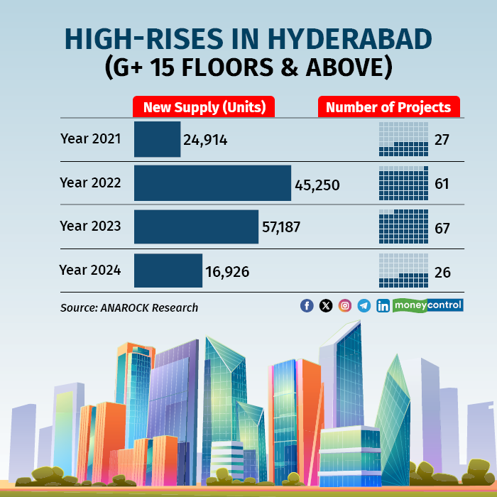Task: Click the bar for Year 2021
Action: pyautogui.click(x=157, y=139)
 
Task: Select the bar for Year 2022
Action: pyautogui.click(x=212, y=183)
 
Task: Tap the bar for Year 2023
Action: pyautogui.click(x=196, y=227)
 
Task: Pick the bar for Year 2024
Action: pyautogui.click(x=168, y=271)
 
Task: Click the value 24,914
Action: pyautogui.click(x=205, y=140)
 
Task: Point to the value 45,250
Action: pyautogui.click(x=317, y=185)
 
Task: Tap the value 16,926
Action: pyautogui.click(x=227, y=271)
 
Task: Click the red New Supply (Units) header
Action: pyautogui.click(x=204, y=107)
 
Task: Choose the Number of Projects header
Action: pyautogui.click(x=388, y=107)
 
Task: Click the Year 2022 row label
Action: pyautogui.click(x=90, y=182)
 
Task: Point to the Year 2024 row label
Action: pyautogui.click(x=90, y=270)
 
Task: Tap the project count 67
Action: pyautogui.click(x=442, y=228)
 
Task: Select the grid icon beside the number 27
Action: pyautogui.click(x=403, y=139)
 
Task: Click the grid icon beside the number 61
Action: pyautogui.click(x=403, y=183)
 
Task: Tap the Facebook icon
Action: pyautogui.click(x=307, y=305)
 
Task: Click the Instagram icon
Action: pyautogui.click(x=345, y=305)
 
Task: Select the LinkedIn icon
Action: pyautogui.click(x=383, y=305)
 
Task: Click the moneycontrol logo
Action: pyautogui.click(x=427, y=305)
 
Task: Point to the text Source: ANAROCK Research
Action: pyautogui.click(x=129, y=307)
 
